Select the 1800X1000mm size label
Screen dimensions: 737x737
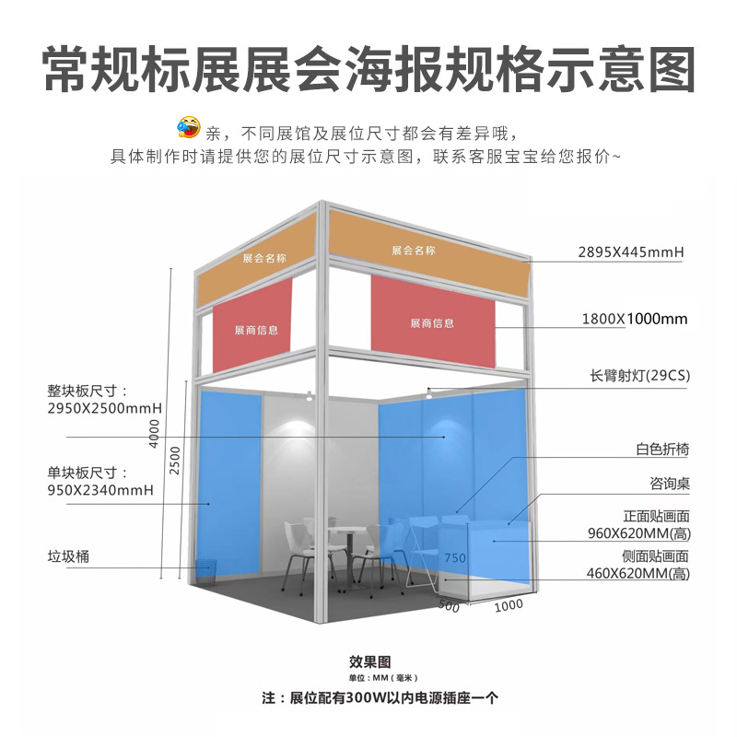(x=635, y=319)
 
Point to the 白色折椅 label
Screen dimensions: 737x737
(x=661, y=450)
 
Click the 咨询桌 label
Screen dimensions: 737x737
(x=670, y=484)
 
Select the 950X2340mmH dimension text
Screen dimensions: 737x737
(x=99, y=490)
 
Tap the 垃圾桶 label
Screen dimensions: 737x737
(x=68, y=556)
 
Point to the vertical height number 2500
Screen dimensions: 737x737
(x=176, y=459)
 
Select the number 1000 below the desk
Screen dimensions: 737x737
(x=508, y=605)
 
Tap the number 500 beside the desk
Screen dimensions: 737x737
(x=449, y=605)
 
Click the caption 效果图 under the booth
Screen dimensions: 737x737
(x=370, y=661)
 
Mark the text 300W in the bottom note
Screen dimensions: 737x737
(x=368, y=697)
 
